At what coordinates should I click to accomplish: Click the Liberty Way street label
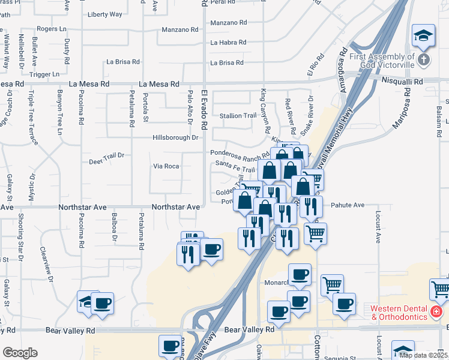point(104,14)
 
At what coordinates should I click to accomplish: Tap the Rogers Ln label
point(52,28)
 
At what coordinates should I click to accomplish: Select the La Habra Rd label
point(228,43)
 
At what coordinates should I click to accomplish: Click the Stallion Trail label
point(238,116)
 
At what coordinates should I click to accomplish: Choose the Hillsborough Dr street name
point(175,137)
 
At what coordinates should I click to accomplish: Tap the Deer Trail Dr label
point(106,155)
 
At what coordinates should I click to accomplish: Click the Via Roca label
point(166,166)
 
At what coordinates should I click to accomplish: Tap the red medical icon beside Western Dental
point(436,313)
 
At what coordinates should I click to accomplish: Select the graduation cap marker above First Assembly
point(423,35)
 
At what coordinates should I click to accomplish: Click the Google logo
point(19,353)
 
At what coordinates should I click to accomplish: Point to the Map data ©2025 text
point(423,355)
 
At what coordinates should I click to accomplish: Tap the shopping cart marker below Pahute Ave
point(315,233)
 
